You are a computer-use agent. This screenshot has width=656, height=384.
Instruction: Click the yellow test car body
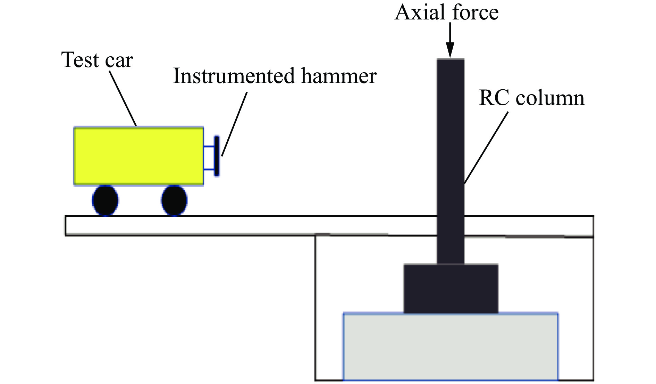point(138,156)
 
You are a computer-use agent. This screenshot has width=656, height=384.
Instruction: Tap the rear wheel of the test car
point(106,201)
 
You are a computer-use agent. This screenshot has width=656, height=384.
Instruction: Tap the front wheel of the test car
point(174,201)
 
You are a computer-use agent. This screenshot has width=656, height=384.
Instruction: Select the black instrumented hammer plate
point(217,156)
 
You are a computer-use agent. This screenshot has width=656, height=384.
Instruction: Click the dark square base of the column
point(451,288)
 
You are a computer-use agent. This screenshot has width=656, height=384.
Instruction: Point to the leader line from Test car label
point(123,98)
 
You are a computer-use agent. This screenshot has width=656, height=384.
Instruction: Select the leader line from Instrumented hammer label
point(234,124)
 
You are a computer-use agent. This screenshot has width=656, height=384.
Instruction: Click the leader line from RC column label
point(486,148)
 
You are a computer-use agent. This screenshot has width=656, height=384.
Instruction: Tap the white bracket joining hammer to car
point(209,158)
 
